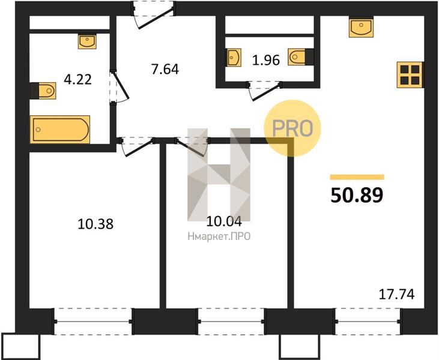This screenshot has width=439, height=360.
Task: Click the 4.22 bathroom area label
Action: click(77, 80)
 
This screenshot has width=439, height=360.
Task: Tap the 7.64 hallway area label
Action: click(165, 70)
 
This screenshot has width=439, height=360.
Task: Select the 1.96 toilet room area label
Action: click(266, 60)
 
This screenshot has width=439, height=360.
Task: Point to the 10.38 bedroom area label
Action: click(95, 224)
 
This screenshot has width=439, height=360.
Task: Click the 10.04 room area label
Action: click(224, 221)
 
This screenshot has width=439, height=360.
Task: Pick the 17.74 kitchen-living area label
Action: click(396, 294)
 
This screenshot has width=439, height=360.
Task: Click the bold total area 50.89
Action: click(357, 195)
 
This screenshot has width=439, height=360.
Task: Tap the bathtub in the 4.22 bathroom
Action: click(60, 130)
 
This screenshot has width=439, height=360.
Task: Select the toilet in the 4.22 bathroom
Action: click(43, 91)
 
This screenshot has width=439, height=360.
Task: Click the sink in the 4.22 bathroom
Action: click(87, 41)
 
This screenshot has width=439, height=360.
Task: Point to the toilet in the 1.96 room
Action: click(301, 57)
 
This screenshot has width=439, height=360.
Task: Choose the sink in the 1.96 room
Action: click(234, 58)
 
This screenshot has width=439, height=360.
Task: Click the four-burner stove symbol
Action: click(410, 74)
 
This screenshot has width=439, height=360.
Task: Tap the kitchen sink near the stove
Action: click(361, 27)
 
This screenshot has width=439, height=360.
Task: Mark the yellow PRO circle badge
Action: click(292, 128)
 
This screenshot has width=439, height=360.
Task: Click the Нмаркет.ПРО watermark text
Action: click(219, 236)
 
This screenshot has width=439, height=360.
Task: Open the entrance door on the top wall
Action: click(153, 14)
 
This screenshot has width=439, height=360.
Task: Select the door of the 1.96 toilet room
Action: click(264, 90)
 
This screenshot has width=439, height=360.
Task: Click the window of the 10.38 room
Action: click(93, 322)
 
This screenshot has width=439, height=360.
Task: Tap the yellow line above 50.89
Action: click(357, 177)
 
